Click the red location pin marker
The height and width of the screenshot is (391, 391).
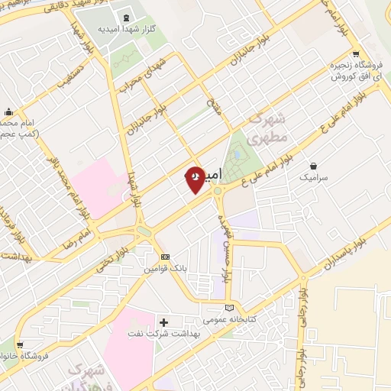tap(195, 179)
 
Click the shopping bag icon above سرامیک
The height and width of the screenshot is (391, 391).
tap(313, 165)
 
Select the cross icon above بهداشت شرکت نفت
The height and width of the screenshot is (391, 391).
tap(163, 322)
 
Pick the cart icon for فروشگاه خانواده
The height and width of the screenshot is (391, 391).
tap(19, 345)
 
